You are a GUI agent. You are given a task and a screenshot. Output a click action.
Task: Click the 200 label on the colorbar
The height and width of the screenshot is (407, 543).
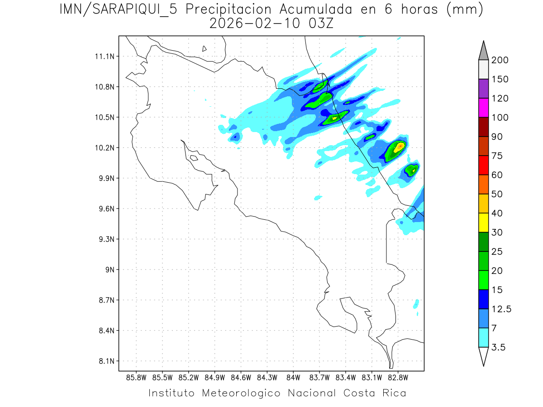pos(500,60)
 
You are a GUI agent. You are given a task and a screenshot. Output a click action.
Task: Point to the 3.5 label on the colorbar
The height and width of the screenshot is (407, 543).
pos(498,347)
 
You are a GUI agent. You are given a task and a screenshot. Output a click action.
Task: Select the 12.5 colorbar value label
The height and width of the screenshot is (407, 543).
pos(500,309)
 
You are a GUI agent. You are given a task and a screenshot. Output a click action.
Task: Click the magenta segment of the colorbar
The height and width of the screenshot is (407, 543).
pos(483,108)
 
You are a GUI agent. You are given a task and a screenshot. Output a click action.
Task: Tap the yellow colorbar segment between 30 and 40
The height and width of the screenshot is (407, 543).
pos(483,222)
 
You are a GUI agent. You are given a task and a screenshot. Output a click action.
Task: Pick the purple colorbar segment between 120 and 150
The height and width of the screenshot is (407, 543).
pos(483,89)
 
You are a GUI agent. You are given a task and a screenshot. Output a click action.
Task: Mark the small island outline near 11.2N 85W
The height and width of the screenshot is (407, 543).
pos(205,48)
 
